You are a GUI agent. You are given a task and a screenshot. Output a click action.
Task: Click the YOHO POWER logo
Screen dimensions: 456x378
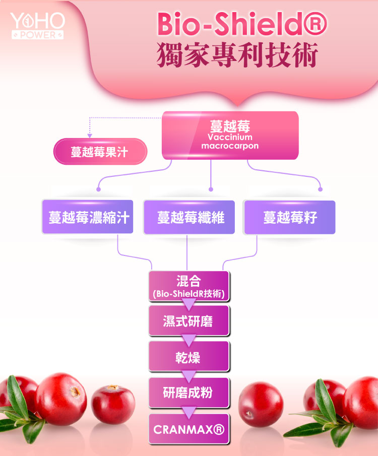point(38,26)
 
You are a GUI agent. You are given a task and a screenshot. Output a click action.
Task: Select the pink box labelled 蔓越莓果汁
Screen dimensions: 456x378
point(100,152)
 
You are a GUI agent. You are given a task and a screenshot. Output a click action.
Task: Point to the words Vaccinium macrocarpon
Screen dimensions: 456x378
point(229,142)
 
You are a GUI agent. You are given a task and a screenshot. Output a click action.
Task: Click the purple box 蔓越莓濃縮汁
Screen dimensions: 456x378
point(88,218)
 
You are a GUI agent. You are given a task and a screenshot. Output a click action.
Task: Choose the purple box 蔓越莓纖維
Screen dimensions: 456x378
point(190,218)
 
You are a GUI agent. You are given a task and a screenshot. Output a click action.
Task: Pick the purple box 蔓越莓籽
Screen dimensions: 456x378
point(289,218)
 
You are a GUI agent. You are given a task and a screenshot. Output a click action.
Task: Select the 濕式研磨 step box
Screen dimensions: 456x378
point(188,321)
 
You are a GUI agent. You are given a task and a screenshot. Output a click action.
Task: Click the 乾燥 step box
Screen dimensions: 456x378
point(188,357)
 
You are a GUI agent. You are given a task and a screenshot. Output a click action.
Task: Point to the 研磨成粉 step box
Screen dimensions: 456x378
point(188,393)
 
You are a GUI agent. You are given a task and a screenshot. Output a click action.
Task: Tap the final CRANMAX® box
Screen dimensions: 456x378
point(188,429)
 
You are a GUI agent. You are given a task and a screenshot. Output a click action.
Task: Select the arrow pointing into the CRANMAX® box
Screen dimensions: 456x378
point(188,412)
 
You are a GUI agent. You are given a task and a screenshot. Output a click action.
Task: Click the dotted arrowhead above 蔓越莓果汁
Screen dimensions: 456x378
point(90,136)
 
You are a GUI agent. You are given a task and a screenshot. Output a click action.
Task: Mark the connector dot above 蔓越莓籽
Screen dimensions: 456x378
point(320,189)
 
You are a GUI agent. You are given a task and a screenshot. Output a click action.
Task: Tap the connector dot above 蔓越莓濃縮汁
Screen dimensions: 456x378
point(99,189)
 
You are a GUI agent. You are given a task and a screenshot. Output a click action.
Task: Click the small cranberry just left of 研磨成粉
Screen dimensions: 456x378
point(113,404)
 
